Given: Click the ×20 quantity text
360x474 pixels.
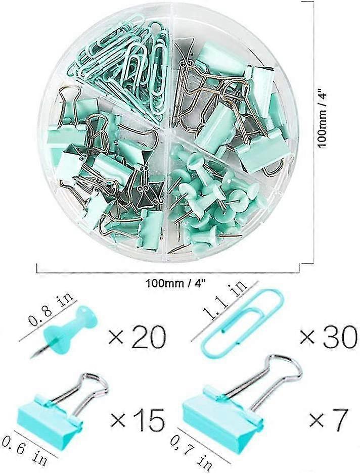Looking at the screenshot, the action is coord(137,337).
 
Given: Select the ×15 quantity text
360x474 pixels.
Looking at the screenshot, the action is coord(138,420).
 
